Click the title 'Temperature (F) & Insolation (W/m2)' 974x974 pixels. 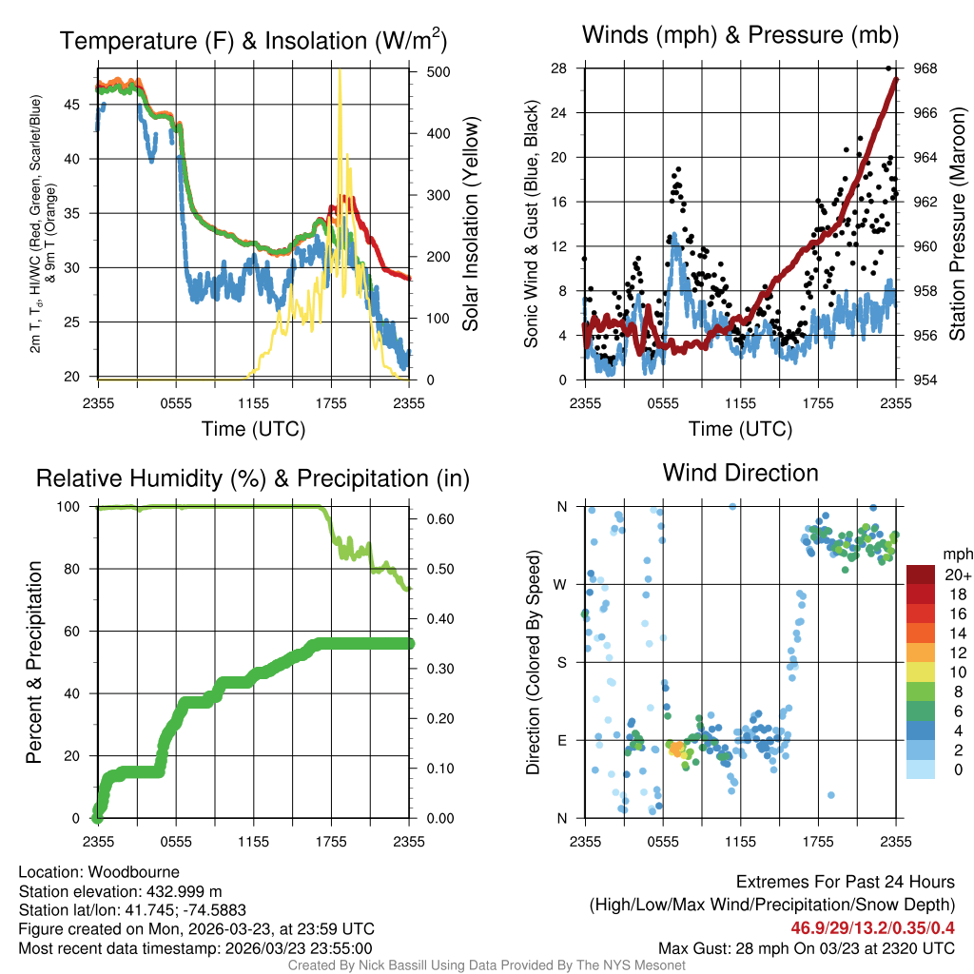(253, 41)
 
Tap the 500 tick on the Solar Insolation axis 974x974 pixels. (438, 71)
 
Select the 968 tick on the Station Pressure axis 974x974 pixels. (925, 68)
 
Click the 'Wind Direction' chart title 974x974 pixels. (740, 473)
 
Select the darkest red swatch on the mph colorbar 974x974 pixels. (921, 575)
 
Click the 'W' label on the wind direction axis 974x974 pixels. (562, 584)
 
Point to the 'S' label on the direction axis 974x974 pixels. (562, 662)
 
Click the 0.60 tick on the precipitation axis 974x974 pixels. (438, 519)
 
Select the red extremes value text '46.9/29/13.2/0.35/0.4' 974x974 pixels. (873, 927)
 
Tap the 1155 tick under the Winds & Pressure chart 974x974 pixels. (740, 402)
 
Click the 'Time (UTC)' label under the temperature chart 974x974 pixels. (253, 429)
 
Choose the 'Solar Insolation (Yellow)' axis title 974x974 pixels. (470, 224)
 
